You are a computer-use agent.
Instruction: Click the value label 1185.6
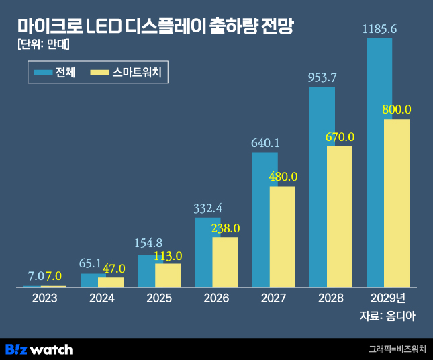tap(379, 29)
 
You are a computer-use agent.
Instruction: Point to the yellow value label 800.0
tap(396, 109)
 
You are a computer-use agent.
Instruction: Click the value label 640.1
tap(265, 143)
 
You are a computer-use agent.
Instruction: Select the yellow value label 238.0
tap(225, 228)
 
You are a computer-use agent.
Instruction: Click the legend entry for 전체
tap(55, 72)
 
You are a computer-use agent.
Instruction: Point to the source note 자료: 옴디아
tap(387, 316)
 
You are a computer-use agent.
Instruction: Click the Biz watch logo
tap(39, 349)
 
